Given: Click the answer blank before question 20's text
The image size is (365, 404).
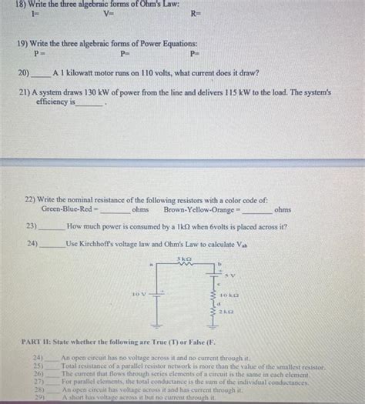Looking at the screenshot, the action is (x=41, y=75).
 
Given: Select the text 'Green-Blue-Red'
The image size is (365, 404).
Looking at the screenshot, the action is (x=69, y=209).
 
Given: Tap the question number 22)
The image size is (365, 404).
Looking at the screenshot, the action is (x=32, y=199).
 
